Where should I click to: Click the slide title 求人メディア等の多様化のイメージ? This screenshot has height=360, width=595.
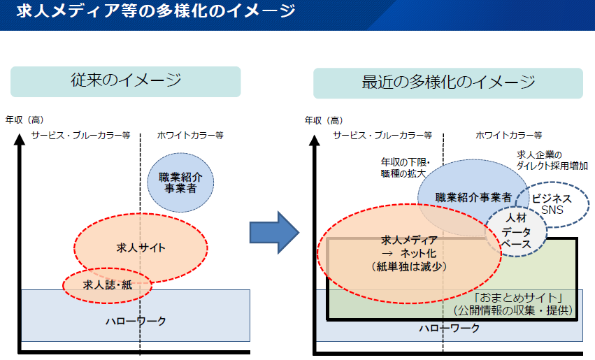coord(156,10)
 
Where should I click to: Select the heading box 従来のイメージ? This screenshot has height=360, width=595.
coord(126,82)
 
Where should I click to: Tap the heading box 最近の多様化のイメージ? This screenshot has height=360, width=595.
coord(447,83)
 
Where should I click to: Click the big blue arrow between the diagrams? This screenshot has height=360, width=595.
coord(274,232)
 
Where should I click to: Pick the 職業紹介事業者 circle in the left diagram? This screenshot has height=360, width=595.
coord(180,182)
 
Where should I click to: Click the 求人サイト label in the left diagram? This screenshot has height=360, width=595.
coord(141,247)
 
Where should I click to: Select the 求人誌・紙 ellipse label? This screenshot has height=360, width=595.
coord(108,285)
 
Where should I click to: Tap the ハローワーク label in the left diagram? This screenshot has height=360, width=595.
coord(136,322)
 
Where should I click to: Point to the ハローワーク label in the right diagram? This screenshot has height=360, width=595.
coord(450,328)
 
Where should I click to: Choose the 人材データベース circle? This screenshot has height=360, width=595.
coord(516,231)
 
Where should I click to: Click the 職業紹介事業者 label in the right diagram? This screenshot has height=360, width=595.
coord(473,197)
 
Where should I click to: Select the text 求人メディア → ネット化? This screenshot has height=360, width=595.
coord(409,247)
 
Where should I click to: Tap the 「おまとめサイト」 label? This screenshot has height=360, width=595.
coord(518,297)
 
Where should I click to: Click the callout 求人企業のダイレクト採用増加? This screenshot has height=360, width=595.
coord(552,160)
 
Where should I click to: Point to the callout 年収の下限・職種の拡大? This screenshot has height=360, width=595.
coord(405,168)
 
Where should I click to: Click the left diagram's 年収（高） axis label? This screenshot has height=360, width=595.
coord(24,120)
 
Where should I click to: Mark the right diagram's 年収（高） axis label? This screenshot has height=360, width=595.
coord(324,120)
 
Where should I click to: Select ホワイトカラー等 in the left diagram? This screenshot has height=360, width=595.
coord(190,135)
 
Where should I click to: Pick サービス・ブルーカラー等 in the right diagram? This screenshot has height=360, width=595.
coord(382,135)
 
